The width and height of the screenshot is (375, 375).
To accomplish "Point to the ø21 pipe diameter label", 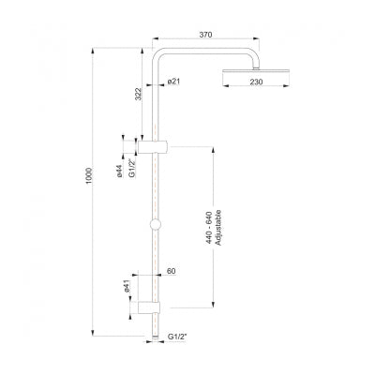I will [x=173, y=83].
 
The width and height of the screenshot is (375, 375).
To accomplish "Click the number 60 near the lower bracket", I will [x=172, y=271].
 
